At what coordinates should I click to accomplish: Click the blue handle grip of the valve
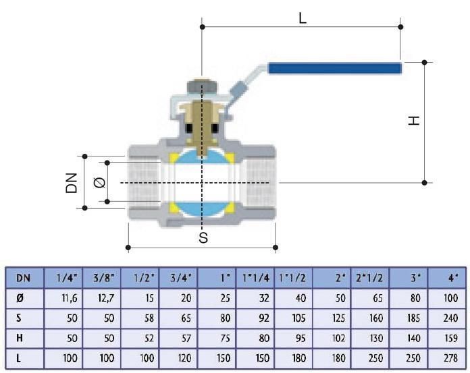point(334,69)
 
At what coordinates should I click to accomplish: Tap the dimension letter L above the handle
point(303,19)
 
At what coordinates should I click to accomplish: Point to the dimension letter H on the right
point(414,121)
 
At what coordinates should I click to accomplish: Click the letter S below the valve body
point(203,237)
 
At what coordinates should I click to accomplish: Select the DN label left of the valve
point(72,183)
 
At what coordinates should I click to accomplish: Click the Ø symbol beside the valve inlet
point(99,182)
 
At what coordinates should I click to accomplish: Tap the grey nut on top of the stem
point(202,87)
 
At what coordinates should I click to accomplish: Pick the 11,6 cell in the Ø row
point(70,298)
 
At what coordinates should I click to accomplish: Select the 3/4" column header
point(181,278)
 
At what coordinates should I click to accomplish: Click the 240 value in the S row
point(450,318)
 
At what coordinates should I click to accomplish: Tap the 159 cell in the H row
point(451,338)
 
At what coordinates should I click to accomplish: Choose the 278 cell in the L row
point(450,358)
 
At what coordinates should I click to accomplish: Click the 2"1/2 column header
point(369,278)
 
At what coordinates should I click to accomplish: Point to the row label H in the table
point(20,338)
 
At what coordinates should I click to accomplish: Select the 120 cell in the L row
point(184,358)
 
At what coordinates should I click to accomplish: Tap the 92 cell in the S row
point(264,318)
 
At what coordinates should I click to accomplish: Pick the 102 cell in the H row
point(338,338)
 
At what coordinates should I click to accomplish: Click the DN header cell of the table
point(23,278)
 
